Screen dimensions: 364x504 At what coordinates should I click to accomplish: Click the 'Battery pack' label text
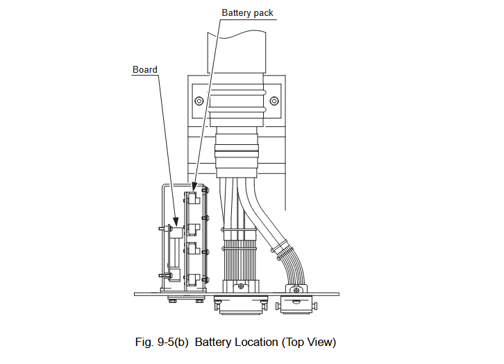248,12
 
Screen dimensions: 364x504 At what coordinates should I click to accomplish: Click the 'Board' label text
144,69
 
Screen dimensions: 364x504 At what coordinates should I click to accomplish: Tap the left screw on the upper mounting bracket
200,101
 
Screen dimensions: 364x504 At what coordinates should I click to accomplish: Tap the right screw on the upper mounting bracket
274,101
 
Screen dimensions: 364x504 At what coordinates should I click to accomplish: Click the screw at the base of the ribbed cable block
240,285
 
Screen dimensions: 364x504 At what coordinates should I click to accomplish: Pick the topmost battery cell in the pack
194,198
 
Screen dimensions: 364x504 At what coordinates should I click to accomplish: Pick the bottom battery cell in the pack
194,279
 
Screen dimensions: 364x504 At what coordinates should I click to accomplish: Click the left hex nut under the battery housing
173,300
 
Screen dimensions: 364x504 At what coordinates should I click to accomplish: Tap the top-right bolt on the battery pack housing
205,189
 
